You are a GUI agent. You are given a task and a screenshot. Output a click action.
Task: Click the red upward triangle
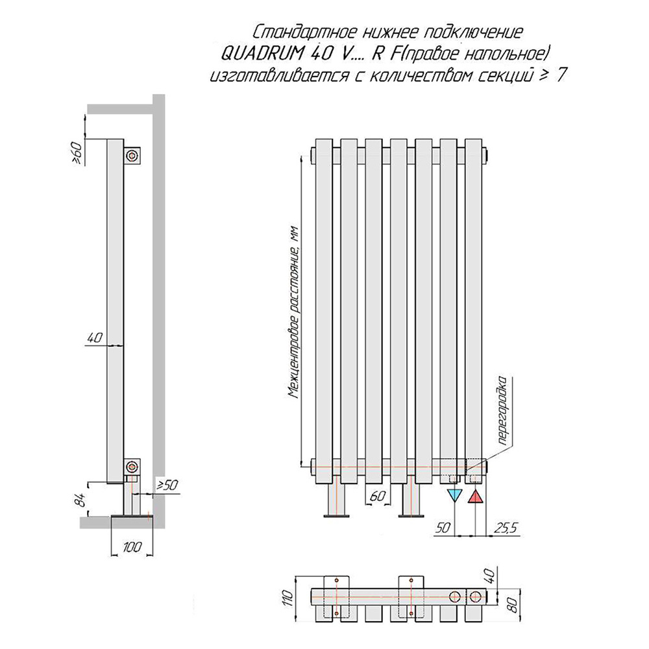475,496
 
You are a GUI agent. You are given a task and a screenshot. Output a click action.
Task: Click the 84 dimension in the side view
82,499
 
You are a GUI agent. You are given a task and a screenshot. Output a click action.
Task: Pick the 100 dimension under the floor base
132,546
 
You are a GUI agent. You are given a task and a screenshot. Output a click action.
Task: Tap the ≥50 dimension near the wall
167,485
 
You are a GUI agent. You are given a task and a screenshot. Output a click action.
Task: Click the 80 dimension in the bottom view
513,607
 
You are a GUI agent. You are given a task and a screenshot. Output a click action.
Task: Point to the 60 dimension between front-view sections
378,496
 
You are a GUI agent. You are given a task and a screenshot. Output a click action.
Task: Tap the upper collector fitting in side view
132,156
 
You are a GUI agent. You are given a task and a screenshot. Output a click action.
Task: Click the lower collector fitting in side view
132,467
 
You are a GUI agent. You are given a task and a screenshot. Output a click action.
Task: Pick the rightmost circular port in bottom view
476,596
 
